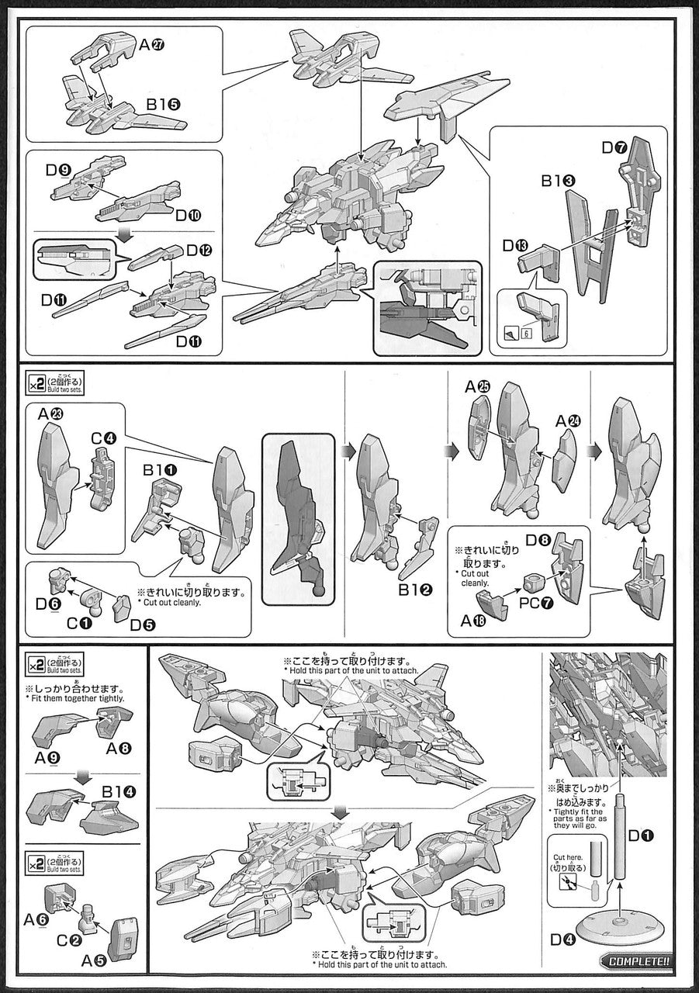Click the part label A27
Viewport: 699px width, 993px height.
click(151, 46)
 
